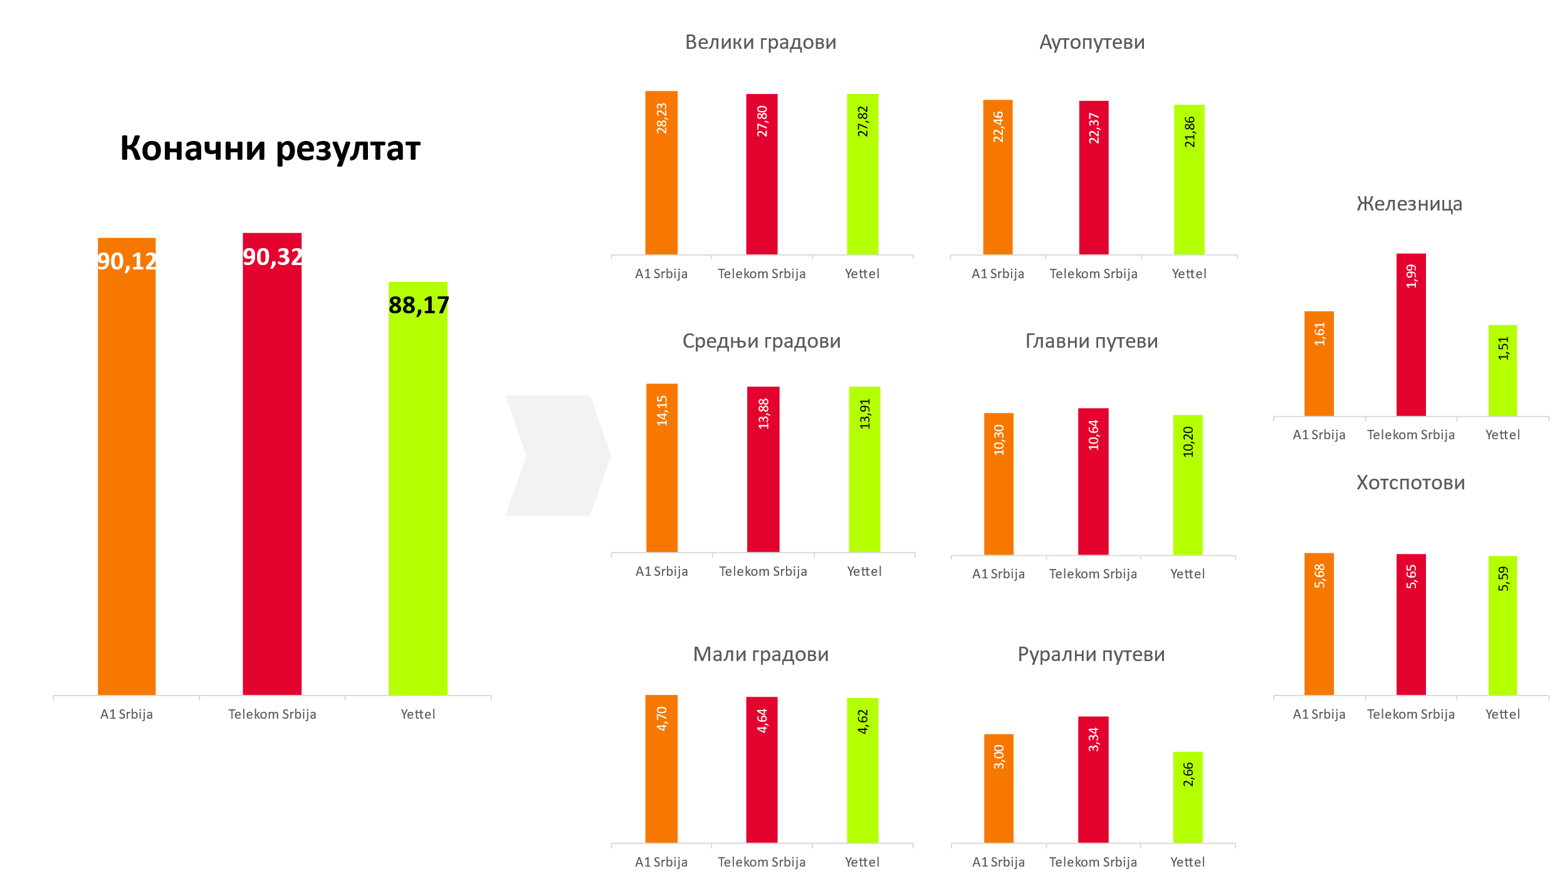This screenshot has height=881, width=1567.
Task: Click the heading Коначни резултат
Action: pyautogui.click(x=270, y=149)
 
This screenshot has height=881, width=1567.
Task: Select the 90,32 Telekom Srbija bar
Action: pyautogui.click(x=272, y=464)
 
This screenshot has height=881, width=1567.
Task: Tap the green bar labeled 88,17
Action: pyautogui.click(x=417, y=489)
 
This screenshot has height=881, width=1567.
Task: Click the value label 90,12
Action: pyautogui.click(x=127, y=261)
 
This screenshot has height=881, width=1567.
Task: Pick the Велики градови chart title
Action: pyautogui.click(x=760, y=42)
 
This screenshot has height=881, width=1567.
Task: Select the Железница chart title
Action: pyautogui.click(x=1409, y=204)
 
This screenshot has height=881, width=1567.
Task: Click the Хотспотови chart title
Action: pyautogui.click(x=1410, y=482)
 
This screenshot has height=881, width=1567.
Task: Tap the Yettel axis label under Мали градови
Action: pyautogui.click(x=862, y=862)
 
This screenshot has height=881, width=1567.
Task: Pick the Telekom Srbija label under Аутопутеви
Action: pyautogui.click(x=1093, y=274)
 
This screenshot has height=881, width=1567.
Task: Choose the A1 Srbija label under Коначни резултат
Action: pyautogui.click(x=127, y=714)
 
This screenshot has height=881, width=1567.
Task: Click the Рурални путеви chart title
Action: pyautogui.click(x=1091, y=654)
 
